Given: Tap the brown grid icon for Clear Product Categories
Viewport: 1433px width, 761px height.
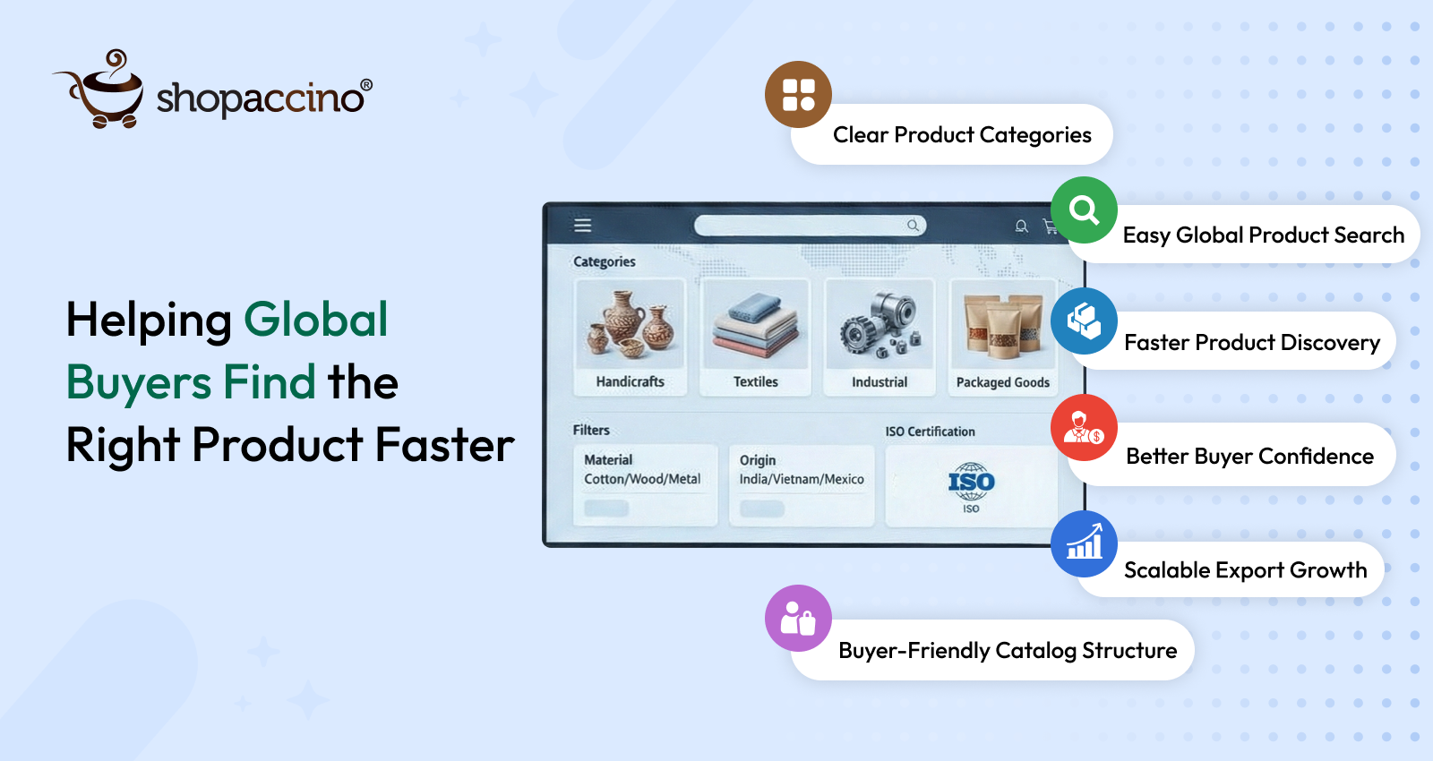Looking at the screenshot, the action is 798,95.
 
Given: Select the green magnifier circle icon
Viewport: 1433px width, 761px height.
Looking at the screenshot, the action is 1084,209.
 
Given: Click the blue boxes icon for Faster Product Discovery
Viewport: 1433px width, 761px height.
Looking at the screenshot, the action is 1084,321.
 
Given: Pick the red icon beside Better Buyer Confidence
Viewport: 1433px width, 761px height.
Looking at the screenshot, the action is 1084,428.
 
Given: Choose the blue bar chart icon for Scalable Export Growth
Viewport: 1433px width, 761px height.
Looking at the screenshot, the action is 1084,544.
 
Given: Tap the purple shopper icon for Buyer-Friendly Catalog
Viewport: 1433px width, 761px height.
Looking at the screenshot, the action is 798,619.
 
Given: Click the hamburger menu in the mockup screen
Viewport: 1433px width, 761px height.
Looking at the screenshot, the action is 582,225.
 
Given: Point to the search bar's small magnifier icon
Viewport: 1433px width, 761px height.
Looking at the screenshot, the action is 913,225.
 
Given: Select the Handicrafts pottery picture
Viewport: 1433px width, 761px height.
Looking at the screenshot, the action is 631,323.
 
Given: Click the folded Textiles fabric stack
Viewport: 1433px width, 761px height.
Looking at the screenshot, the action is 756,325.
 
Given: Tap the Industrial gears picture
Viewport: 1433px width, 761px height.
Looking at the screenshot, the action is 880,325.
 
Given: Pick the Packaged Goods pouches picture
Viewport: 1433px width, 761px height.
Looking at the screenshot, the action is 1002,325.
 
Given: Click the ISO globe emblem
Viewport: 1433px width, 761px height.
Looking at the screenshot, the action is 971,481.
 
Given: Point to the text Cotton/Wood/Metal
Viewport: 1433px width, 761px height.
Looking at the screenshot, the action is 642,479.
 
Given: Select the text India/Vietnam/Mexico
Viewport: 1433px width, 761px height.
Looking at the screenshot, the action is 802,479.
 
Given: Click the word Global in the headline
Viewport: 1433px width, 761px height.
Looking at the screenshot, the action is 316,319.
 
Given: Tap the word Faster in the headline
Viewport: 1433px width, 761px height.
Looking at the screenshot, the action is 444,444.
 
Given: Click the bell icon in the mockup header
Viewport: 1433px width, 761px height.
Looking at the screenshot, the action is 1021,227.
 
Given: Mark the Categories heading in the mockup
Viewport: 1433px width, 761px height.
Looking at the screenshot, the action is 604,261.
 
